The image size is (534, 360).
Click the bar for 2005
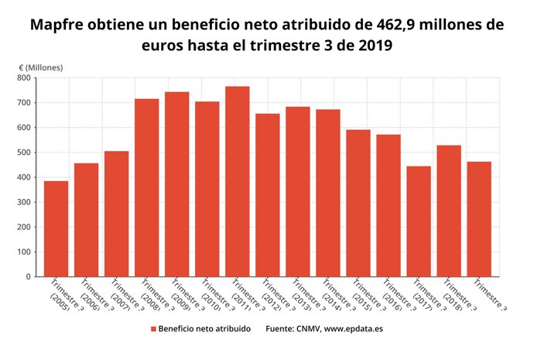click(x=56, y=228)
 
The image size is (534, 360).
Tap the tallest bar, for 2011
click(x=237, y=181)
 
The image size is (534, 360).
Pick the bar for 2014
click(x=327, y=193)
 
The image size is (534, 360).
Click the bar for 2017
click(x=418, y=221)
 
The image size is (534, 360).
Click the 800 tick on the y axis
click(x=22, y=78)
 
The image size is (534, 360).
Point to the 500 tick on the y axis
click(x=22, y=153)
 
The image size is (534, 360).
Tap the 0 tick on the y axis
click(x=27, y=276)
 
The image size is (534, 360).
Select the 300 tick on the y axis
click(x=22, y=202)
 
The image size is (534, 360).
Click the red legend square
click(x=154, y=329)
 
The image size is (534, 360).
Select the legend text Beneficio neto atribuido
click(x=204, y=329)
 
